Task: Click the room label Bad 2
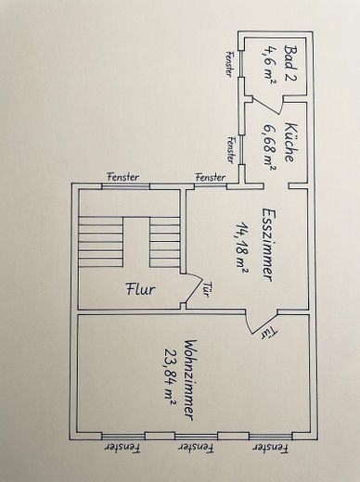[x=290, y=63]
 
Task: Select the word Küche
[x=290, y=142]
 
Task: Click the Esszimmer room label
[x=268, y=245]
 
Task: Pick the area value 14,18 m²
[x=241, y=247]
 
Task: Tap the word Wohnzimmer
[x=190, y=380]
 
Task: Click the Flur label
[x=141, y=289]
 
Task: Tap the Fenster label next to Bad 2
[x=229, y=64]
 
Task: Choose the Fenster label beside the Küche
[x=231, y=149]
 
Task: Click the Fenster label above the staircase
[x=123, y=177]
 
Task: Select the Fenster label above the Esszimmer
[x=211, y=177]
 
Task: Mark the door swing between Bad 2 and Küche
[x=267, y=105]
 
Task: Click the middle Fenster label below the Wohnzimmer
[x=197, y=448]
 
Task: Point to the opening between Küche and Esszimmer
[x=276, y=185]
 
